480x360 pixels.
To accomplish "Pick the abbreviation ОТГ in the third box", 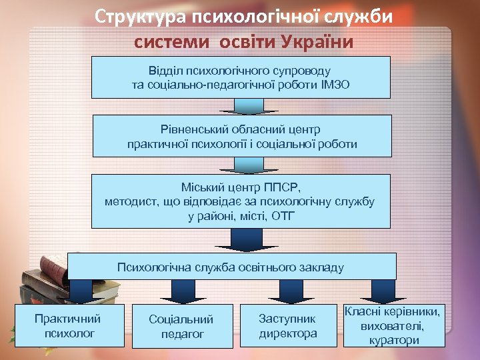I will pyautogui.click(x=282, y=217).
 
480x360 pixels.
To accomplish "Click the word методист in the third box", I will pyautogui.click(x=130, y=201).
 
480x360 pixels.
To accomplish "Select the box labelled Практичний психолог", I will pyautogui.click(x=69, y=325).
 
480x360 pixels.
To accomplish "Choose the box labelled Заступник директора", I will pyautogui.click(x=288, y=326).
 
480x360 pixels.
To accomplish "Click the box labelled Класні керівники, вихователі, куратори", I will pyautogui.click(x=393, y=326).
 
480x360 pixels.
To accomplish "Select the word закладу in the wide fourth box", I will pyautogui.click(x=323, y=268).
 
